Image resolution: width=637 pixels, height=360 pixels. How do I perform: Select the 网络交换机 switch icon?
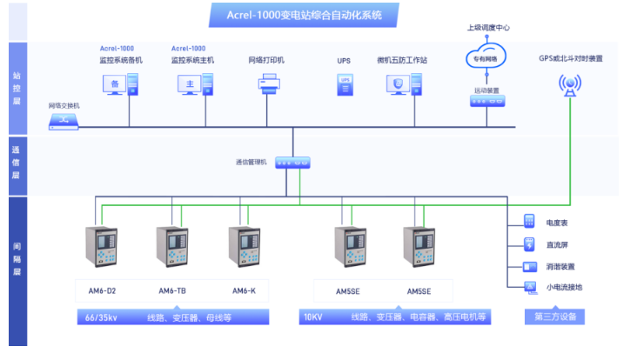pyautogui.click(x=64, y=122)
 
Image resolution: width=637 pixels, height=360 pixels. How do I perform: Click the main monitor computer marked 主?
pyautogui.click(x=193, y=84)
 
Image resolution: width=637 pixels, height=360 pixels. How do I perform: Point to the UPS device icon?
pyautogui.click(x=344, y=84)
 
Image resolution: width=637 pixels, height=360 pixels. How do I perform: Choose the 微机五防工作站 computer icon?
pyautogui.click(x=401, y=84)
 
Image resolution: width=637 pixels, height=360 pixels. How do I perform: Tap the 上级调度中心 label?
pyautogui.click(x=488, y=28)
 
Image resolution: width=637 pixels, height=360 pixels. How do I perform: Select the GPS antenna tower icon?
pyautogui.click(x=570, y=85)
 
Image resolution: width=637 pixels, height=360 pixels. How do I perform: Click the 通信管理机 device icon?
pyautogui.click(x=292, y=163)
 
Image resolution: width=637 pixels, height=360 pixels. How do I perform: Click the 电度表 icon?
pyautogui.click(x=529, y=221)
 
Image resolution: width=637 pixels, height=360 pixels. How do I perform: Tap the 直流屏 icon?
pyautogui.click(x=529, y=243)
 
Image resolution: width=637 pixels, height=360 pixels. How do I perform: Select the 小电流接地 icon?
pyautogui.click(x=529, y=288)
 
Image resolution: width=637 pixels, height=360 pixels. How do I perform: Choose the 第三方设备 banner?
pyautogui.click(x=556, y=317)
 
